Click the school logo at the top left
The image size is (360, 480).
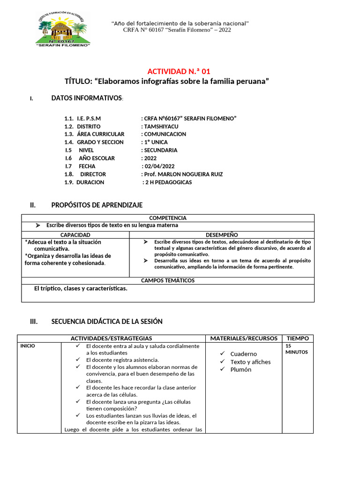point(63,29)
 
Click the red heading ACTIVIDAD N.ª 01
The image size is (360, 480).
point(179,71)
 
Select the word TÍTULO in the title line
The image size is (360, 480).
point(77,82)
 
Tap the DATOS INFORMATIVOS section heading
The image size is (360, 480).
point(87,98)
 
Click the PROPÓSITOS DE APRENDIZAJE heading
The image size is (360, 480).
point(97,205)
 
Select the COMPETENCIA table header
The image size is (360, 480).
point(168,218)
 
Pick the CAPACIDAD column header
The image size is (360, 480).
point(75,234)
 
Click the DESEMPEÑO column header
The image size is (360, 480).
point(222,234)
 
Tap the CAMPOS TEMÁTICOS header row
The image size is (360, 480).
point(168,280)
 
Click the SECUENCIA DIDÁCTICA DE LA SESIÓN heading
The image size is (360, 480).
point(106,322)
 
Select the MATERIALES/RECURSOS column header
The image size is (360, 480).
point(244,338)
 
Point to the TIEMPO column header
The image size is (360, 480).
point(298,338)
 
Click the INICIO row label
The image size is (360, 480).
point(27,346)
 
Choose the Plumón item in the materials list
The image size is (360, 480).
point(240,369)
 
